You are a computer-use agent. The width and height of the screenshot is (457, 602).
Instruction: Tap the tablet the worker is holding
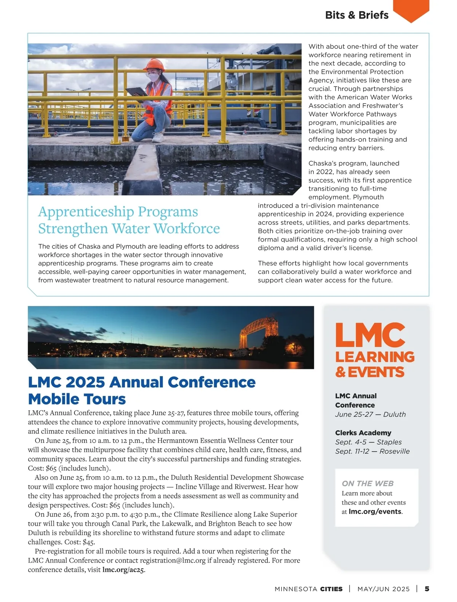click(136, 91)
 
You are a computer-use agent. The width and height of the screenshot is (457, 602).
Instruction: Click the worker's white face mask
click(153, 77)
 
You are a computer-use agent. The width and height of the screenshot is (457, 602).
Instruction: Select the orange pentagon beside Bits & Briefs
click(411, 10)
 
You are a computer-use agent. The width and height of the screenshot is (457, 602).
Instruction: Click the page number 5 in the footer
click(427, 589)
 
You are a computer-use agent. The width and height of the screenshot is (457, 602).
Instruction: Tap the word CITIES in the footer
click(331, 589)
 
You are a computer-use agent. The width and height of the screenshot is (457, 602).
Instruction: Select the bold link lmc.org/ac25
click(123, 570)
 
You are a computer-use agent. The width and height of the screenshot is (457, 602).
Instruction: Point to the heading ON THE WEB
click(368, 484)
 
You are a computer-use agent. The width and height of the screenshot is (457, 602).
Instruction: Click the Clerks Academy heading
click(363, 433)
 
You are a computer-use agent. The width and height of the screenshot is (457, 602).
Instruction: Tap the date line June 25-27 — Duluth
click(370, 414)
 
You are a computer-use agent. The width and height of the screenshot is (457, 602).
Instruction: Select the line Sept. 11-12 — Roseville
click(372, 451)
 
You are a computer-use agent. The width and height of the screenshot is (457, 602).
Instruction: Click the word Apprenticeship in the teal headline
click(86, 211)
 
